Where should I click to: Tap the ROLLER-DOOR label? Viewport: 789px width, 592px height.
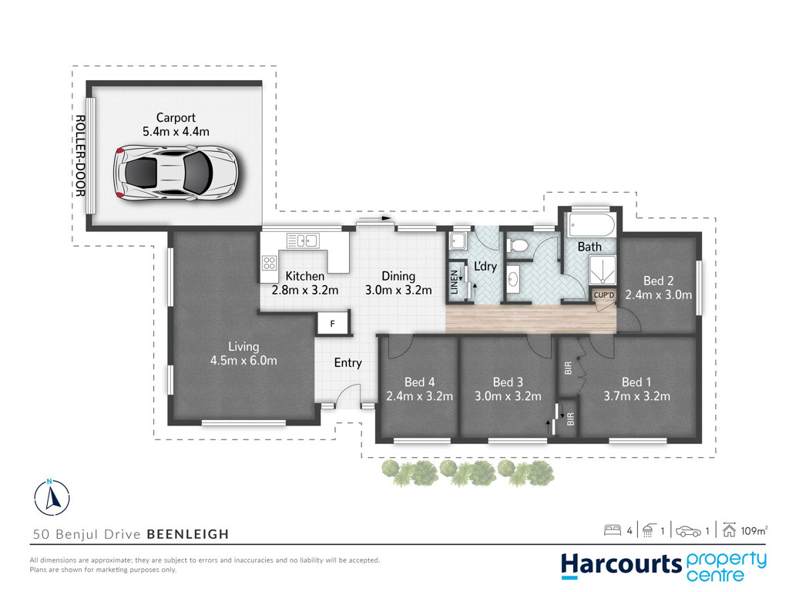point(80,156)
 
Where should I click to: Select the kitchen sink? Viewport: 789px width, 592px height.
point(303,240)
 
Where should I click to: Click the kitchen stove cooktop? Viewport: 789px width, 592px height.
point(269,262)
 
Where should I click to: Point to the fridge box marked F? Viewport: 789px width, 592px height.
point(333,324)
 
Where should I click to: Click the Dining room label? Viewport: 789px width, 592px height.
point(398,276)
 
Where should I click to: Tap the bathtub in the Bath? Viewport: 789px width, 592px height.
point(591,225)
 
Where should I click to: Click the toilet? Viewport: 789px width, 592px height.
point(517,246)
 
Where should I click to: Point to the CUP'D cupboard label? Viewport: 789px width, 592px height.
point(604,295)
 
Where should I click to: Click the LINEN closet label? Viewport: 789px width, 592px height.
point(455,282)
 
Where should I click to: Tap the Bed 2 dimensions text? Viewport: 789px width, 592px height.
point(658,294)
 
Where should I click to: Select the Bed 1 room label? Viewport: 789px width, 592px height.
point(636,382)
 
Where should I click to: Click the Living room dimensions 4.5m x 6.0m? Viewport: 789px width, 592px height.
point(243,361)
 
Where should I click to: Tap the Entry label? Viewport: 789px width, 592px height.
point(348,363)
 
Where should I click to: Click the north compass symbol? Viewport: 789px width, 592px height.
point(52,497)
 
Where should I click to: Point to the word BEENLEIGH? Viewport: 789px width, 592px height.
point(188,534)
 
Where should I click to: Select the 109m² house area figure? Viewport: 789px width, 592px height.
point(754,530)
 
